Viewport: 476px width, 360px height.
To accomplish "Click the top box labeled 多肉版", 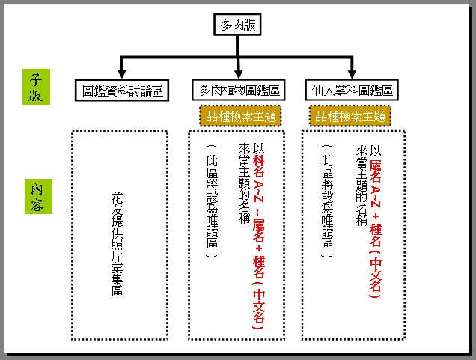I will click(238, 25).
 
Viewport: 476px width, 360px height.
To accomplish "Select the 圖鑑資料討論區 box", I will click(123, 91).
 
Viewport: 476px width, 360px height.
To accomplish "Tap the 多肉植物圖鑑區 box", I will click(239, 91).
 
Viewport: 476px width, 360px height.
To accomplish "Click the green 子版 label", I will click(35, 87).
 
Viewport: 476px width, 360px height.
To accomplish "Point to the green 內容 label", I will click(36, 195).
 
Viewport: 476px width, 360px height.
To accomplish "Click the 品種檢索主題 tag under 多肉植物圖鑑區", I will click(239, 116).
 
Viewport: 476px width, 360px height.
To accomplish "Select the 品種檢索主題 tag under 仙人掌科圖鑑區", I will click(351, 116).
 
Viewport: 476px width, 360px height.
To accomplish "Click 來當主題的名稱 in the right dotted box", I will click(362, 183).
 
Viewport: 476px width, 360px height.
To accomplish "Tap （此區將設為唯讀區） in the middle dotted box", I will click(213, 199).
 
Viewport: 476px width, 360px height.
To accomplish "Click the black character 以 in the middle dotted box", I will click(259, 147).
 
